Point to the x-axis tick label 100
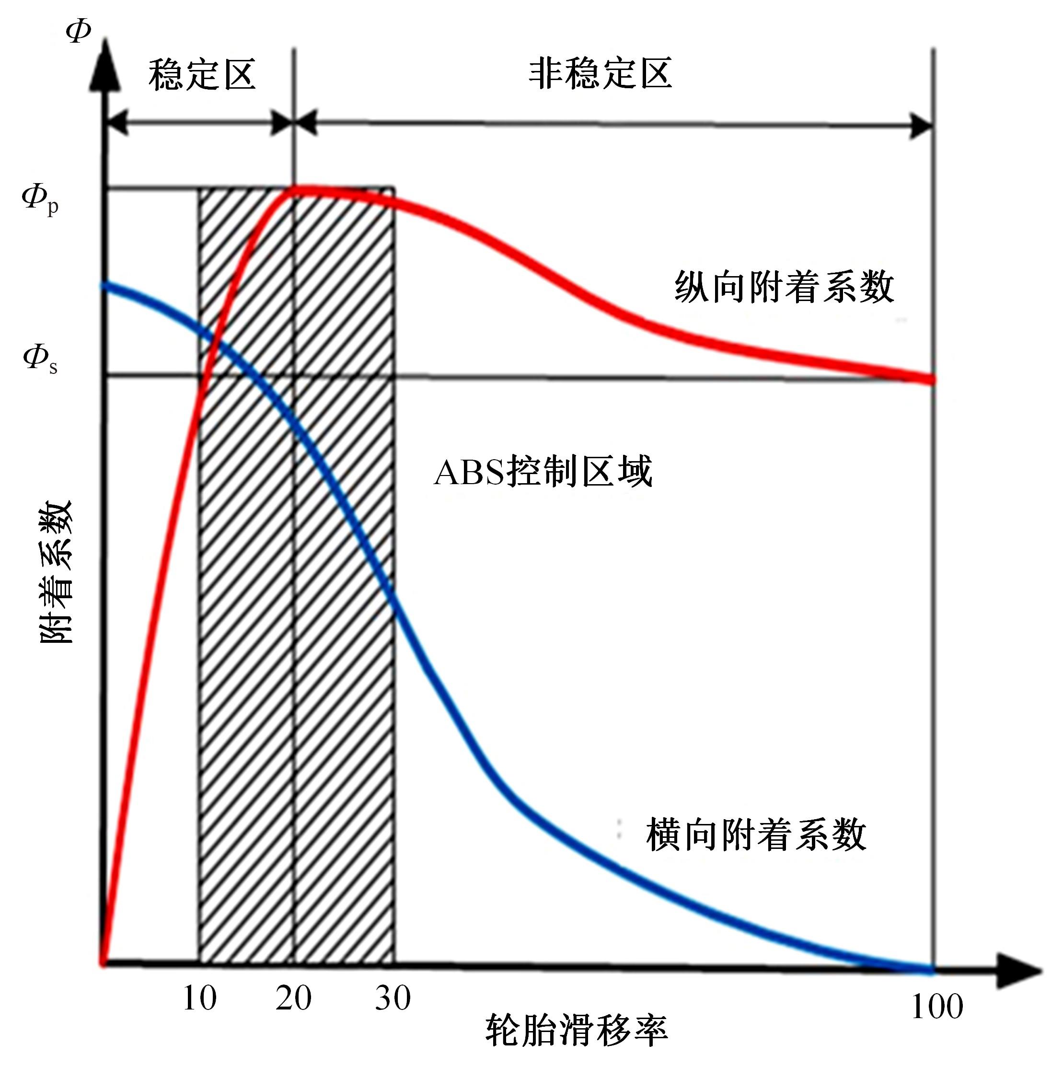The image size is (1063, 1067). (937, 1006)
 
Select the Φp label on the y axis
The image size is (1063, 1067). (40, 199)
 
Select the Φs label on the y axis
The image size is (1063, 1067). (40, 359)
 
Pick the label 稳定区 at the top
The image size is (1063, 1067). (202, 75)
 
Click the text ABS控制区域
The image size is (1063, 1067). (543, 471)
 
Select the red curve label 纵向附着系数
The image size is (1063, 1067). (784, 287)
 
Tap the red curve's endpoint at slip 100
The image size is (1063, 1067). (932, 380)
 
